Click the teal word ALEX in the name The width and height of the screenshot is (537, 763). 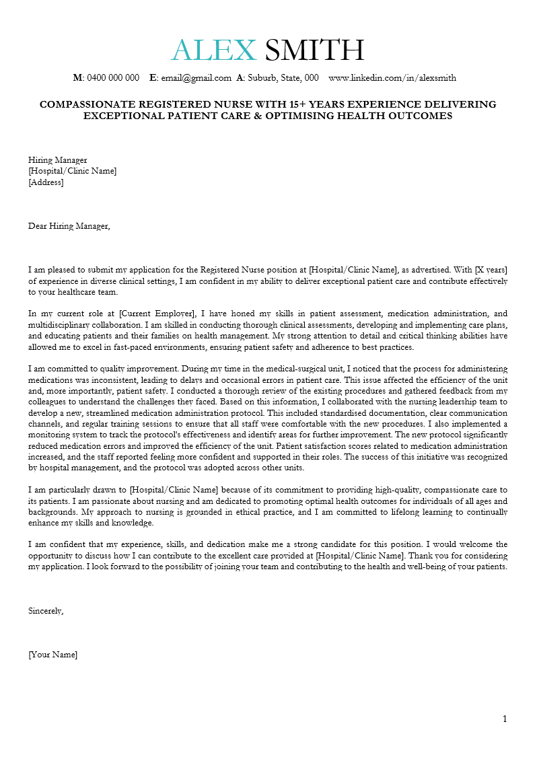point(213,50)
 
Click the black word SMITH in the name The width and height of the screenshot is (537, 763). point(314,50)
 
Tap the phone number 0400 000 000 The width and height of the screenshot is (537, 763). point(113,78)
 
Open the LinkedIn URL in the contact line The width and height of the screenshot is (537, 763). point(392,78)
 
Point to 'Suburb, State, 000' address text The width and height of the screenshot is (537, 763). point(283,78)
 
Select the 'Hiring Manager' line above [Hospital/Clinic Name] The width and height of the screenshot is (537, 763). point(58,160)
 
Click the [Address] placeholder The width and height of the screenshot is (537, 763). point(46,182)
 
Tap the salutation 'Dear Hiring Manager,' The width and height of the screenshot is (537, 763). point(69,226)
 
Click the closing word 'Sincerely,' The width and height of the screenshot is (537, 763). point(46,611)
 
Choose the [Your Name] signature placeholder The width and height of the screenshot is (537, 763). point(52,655)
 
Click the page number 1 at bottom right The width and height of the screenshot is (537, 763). point(505,719)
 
